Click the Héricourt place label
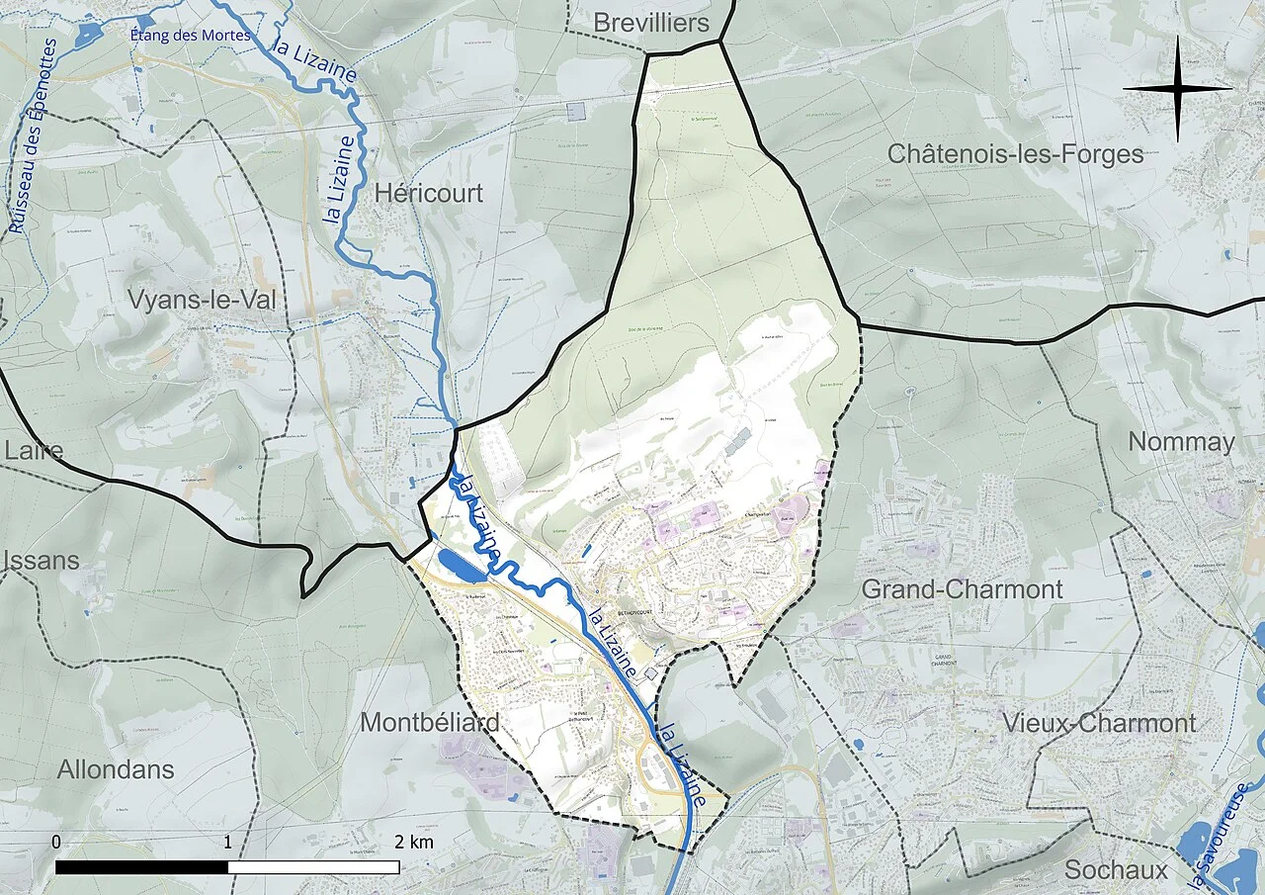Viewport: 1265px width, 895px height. [429, 193]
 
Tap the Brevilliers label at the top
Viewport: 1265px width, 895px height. [652, 23]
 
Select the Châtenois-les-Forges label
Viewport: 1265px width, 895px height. [1015, 154]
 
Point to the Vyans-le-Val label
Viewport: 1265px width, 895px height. [202, 301]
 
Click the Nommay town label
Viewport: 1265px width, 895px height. [1181, 442]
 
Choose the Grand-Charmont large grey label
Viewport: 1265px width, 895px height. [962, 589]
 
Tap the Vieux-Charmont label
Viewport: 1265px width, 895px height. [1099, 723]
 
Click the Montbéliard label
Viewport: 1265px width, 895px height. [429, 722]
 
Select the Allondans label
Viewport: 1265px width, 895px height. [116, 769]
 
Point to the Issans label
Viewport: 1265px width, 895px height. [42, 561]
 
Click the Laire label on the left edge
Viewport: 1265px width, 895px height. [34, 451]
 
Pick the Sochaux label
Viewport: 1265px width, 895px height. [1116, 870]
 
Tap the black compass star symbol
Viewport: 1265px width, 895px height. [1177, 89]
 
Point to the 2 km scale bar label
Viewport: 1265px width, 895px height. [413, 843]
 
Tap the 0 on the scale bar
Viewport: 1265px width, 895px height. [56, 842]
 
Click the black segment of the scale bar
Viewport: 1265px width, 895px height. [141, 867]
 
